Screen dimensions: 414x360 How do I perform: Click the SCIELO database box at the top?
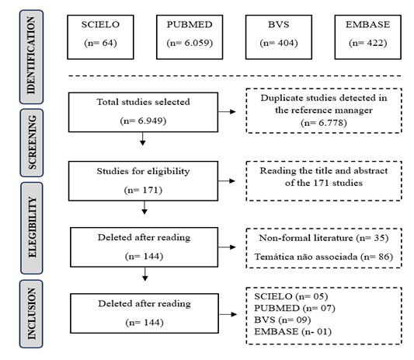tap(100, 37)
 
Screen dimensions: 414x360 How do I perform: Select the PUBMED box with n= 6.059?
tap(190, 37)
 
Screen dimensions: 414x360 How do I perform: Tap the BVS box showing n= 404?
tap(279, 37)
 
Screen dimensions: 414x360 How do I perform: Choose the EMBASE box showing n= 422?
tap(368, 37)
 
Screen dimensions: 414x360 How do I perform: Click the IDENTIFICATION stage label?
tap(31, 57)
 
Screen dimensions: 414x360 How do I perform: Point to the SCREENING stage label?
tap(32, 143)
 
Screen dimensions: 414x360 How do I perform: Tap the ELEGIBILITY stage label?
tap(32, 228)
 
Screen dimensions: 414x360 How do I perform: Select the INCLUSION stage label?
tap(31, 314)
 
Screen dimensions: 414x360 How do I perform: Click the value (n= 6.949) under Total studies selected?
tap(143, 121)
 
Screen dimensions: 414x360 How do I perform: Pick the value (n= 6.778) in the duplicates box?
tap(324, 123)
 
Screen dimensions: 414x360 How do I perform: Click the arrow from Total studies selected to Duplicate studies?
tap(227, 111)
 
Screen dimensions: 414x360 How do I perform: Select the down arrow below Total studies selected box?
tap(143, 138)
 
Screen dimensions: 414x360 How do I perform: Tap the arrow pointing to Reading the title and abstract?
tap(227, 181)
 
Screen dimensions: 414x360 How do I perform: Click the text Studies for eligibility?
tap(143, 171)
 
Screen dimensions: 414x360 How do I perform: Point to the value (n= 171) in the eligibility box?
tap(143, 190)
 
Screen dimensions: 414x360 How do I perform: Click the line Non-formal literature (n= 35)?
tap(324, 238)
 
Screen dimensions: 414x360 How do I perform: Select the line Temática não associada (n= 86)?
tap(324, 257)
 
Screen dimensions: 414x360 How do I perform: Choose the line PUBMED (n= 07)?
tap(294, 308)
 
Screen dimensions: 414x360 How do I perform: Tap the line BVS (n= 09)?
tap(283, 320)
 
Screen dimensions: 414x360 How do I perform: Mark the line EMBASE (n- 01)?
tap(293, 331)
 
